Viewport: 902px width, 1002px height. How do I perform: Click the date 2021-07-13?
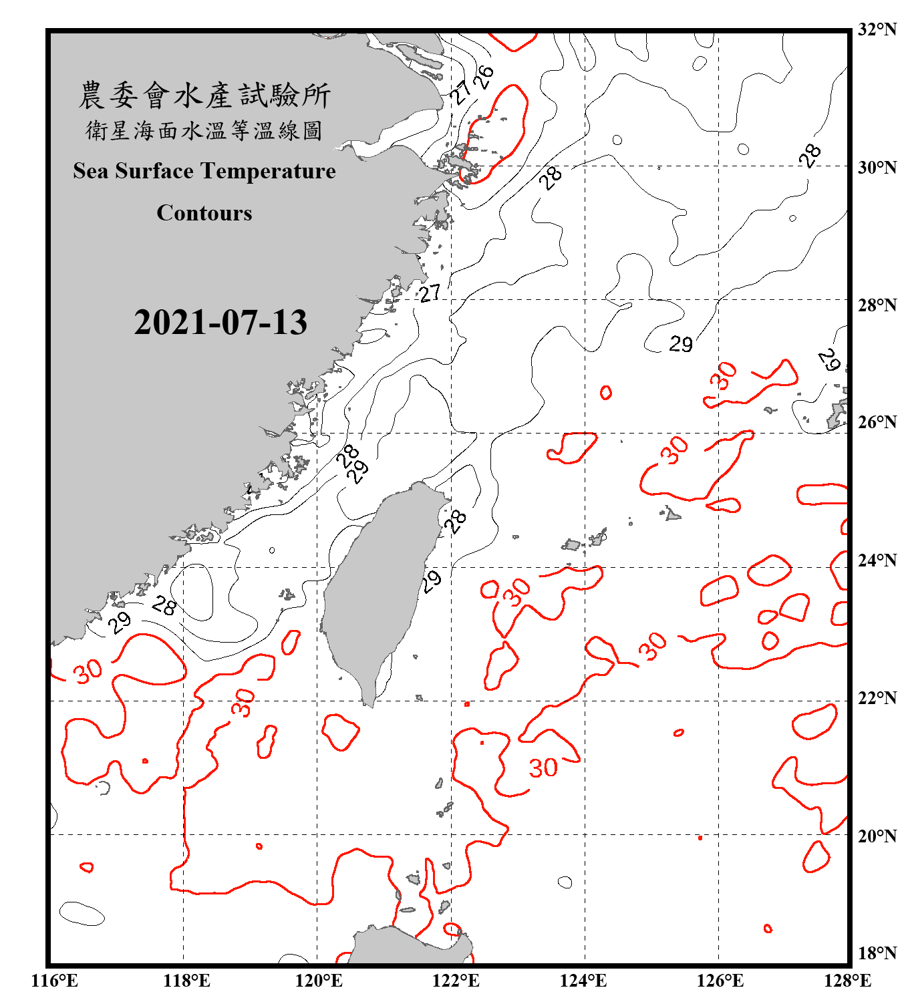click(x=220, y=323)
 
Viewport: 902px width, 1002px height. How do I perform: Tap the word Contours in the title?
click(x=204, y=213)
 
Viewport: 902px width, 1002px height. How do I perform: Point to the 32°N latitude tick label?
click(x=877, y=29)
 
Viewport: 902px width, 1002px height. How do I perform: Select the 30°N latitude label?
click(x=877, y=167)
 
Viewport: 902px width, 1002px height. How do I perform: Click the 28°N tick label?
click(x=877, y=305)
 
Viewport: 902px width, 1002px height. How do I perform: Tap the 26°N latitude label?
click(x=877, y=422)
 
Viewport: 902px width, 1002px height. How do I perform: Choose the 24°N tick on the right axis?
click(x=877, y=560)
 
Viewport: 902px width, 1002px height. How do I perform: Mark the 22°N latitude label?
click(x=877, y=698)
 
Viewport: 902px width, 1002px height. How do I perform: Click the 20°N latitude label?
click(x=877, y=836)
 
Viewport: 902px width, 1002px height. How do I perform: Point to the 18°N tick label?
click(x=877, y=953)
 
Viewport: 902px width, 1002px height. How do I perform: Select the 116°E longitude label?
click(x=54, y=981)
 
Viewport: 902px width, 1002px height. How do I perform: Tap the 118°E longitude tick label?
click(x=186, y=981)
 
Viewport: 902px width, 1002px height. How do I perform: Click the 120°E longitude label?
click(x=319, y=981)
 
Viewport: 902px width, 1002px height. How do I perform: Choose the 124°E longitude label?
click(x=583, y=981)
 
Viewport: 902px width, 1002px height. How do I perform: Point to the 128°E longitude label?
click(x=847, y=981)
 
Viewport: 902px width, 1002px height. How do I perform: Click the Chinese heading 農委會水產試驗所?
click(x=204, y=96)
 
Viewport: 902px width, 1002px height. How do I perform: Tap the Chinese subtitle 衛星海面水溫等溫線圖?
click(x=204, y=131)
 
